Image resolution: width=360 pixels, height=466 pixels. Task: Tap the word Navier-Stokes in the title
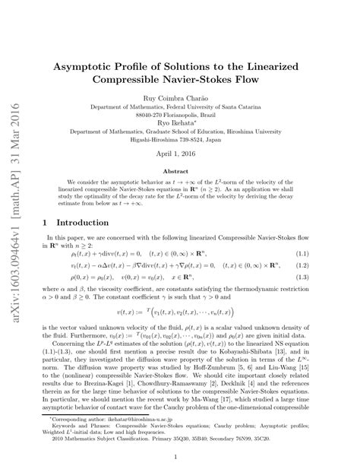[217, 79]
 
